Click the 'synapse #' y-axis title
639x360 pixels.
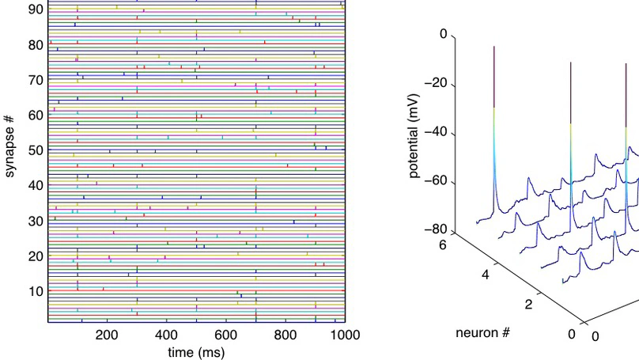click(10, 160)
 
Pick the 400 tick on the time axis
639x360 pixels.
click(167, 335)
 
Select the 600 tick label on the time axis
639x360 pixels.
click(226, 335)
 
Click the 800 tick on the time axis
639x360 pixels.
click(285, 335)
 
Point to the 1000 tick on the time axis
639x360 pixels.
click(345, 335)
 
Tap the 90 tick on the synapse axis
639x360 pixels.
click(36, 9)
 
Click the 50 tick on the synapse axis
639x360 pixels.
click(36, 150)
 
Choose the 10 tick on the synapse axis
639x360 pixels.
click(36, 291)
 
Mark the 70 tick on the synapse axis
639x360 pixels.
click(36, 80)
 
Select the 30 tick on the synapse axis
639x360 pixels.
click(36, 221)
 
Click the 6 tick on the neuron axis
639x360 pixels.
click(442, 246)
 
